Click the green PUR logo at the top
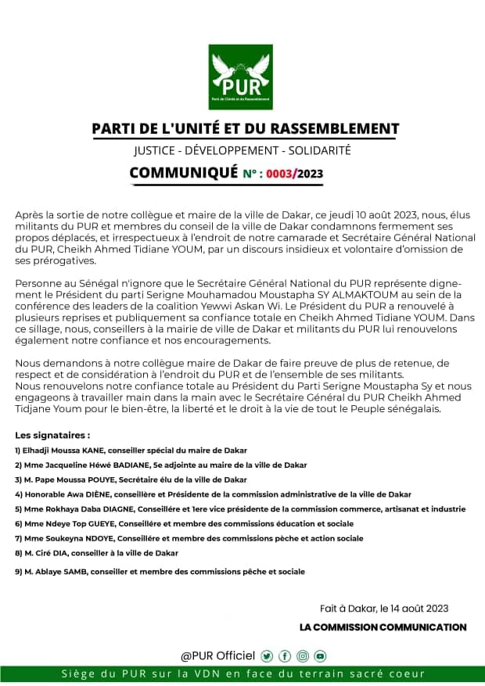pyautogui.click(x=240, y=77)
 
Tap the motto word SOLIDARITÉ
pyautogui.click(x=320, y=149)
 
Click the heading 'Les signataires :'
pyautogui.click(x=52, y=434)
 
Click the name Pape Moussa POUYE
pyautogui.click(x=71, y=479)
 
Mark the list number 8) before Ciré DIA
pyautogui.click(x=18, y=553)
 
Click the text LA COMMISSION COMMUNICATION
pyautogui.click(x=383, y=627)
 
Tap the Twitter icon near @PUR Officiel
pyautogui.click(x=267, y=655)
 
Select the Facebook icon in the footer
pyautogui.click(x=285, y=655)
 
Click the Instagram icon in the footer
pyautogui.click(x=303, y=655)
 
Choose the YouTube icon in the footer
pyautogui.click(x=320, y=655)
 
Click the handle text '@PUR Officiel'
pyautogui.click(x=218, y=655)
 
